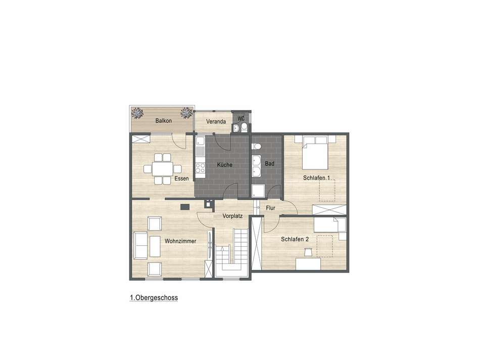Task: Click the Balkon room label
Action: [163, 121]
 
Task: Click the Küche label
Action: [225, 165]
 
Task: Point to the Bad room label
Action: [269, 163]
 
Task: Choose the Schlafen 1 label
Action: [317, 178]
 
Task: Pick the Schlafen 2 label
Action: [295, 239]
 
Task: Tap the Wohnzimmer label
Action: [180, 241]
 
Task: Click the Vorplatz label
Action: [233, 216]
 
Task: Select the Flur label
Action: [271, 208]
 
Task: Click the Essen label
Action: [181, 179]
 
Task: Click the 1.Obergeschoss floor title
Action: [154, 298]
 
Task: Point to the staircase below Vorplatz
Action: [232, 253]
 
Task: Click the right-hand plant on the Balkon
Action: [187, 112]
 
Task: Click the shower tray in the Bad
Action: [259, 192]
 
